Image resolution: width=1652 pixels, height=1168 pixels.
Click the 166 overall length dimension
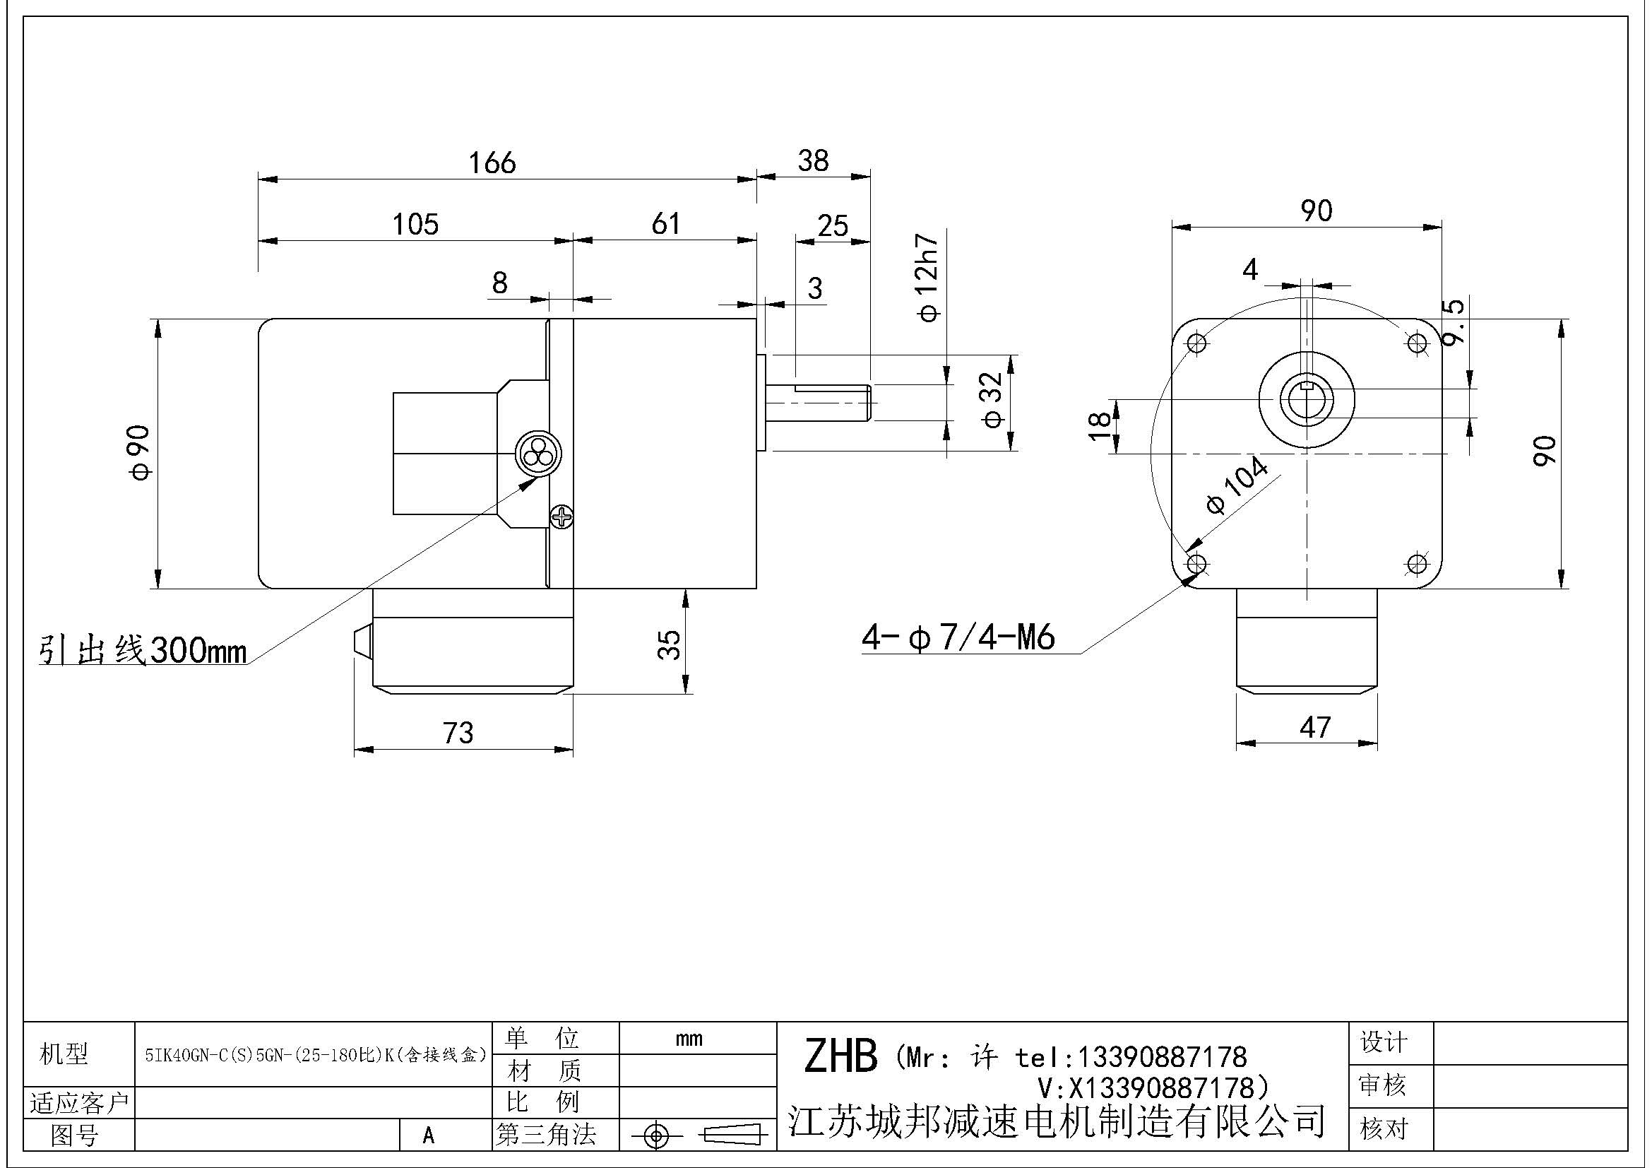(492, 163)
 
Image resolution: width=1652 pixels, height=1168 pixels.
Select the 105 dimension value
(415, 225)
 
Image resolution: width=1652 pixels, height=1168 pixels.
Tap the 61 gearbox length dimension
(665, 224)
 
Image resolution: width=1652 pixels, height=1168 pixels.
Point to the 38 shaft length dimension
(813, 160)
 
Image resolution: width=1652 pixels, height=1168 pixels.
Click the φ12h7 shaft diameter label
(928, 277)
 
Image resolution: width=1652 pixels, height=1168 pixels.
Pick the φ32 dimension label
(992, 399)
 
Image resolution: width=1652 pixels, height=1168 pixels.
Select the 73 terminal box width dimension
(458, 733)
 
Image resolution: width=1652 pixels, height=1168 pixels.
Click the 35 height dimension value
(669, 644)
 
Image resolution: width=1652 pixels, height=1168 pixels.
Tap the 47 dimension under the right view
(1315, 728)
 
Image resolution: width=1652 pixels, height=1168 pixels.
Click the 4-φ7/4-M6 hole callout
(958, 637)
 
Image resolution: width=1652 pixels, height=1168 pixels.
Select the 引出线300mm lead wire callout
(143, 651)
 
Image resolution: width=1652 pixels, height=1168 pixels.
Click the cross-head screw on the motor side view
(561, 515)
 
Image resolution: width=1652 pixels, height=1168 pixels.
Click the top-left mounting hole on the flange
(1196, 343)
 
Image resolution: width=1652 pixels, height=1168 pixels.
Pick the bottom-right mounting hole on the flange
(1418, 564)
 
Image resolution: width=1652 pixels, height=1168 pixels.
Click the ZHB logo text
(840, 1056)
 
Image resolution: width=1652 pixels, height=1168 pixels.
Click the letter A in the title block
(429, 1135)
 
